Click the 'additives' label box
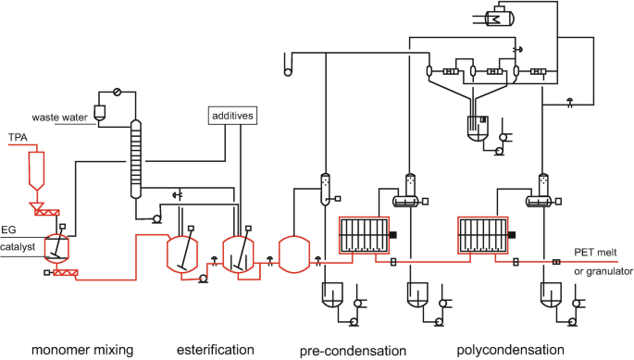231,116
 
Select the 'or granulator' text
603,272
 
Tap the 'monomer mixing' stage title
82,349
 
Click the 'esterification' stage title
215,349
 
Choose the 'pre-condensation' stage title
353,349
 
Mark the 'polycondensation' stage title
510,349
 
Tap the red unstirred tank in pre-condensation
292,253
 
